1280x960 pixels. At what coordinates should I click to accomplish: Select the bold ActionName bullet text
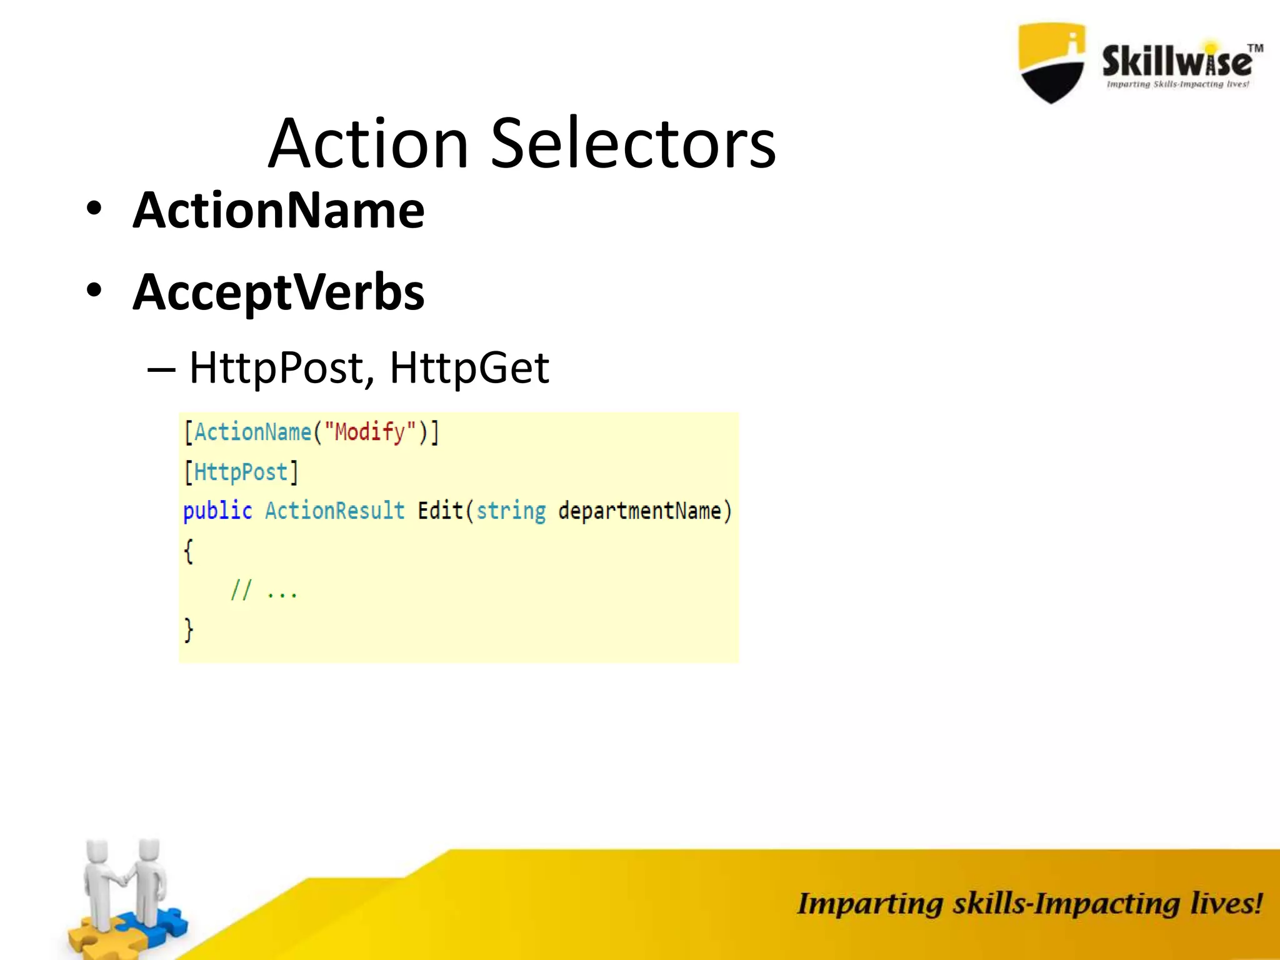point(279,211)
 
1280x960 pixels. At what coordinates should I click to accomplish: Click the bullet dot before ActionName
point(94,209)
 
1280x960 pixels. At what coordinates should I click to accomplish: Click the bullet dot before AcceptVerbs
point(94,291)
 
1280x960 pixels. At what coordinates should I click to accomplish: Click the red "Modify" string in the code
point(370,432)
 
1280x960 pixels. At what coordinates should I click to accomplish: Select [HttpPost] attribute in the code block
point(241,472)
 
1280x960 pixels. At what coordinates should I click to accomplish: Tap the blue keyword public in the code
point(217,511)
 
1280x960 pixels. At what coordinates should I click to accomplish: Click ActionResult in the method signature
point(335,511)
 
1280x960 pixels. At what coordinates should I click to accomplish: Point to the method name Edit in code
point(440,511)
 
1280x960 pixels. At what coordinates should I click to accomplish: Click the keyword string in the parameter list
point(511,511)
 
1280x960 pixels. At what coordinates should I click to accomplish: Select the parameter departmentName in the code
point(639,511)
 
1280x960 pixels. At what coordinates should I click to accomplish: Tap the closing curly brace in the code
point(189,629)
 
